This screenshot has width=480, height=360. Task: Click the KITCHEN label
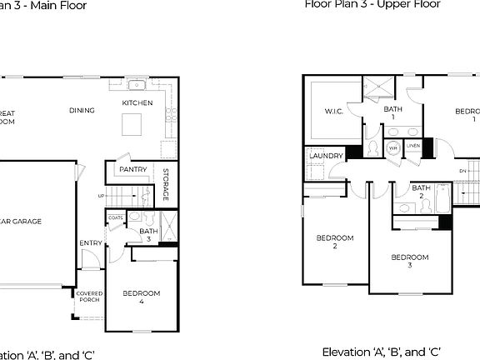coord(137,102)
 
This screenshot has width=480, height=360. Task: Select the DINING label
coord(82,110)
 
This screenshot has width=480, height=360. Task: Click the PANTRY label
coord(133,169)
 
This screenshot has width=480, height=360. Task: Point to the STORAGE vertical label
coord(166,185)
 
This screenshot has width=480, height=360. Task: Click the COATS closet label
coord(116,217)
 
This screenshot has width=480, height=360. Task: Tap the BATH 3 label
coord(148,234)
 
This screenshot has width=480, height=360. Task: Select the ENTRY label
coord(90,243)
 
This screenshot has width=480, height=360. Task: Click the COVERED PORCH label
coord(89,297)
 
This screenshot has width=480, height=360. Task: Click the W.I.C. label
coord(322,111)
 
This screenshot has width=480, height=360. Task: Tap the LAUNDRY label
coord(325,155)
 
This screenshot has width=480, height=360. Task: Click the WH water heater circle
coord(393,148)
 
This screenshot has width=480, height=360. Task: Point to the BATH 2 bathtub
coord(442,197)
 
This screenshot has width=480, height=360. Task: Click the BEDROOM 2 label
coord(335,242)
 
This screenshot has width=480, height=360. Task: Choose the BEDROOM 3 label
coord(410,261)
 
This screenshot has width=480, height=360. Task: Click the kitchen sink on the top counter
coord(137,85)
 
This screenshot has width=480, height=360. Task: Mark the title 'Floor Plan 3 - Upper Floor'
coord(372,4)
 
